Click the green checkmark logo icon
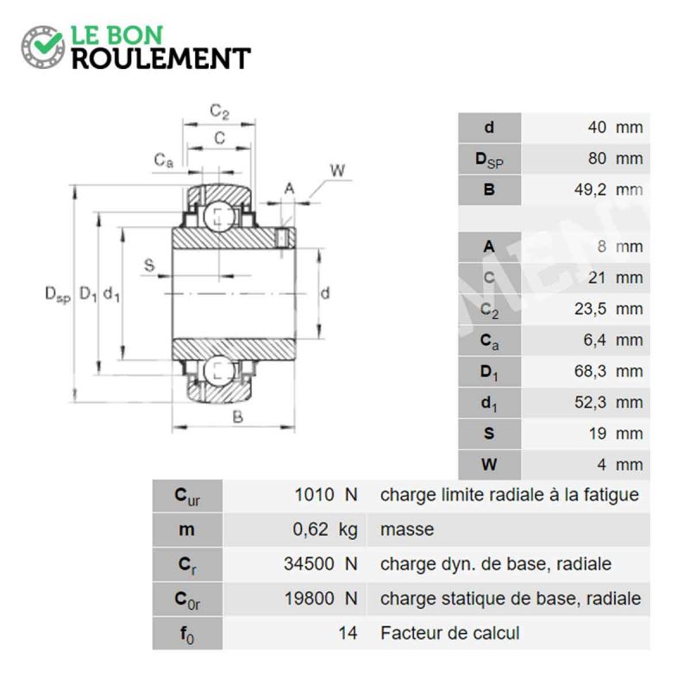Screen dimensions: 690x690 (42, 47)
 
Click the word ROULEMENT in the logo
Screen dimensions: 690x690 (161, 59)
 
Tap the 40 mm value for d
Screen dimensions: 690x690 (615, 127)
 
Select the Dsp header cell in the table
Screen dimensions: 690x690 (489, 159)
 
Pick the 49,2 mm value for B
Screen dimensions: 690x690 (608, 190)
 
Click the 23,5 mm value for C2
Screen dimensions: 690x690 (608, 309)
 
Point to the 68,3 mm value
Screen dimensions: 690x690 (608, 371)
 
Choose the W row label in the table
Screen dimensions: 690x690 (489, 464)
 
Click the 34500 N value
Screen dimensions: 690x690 (320, 564)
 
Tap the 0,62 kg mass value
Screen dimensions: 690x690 (325, 530)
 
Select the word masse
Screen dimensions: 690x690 (407, 530)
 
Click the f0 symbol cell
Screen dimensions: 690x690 (187, 633)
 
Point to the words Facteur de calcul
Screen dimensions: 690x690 (449, 633)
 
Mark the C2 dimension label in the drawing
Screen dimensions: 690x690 (219, 111)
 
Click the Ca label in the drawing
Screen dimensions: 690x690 (163, 160)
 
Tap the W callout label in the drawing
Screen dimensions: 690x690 (337, 170)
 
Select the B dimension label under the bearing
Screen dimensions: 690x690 (237, 417)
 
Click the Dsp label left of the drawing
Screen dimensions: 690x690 (58, 294)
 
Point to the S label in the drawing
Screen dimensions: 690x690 (149, 266)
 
